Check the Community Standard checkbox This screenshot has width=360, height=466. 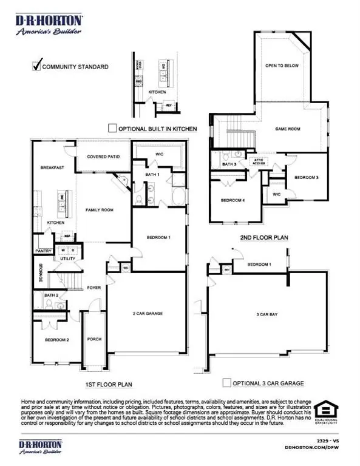pos(36,66)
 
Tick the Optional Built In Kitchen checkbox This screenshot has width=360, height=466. pos(111,128)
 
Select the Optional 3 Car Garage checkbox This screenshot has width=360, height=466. pos(226,383)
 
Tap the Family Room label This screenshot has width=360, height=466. pos(99,210)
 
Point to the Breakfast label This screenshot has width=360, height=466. pos(52,167)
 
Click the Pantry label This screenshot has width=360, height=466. pos(42,250)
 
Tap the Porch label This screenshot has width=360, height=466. pos(94,339)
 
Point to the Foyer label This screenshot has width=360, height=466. pos(93,288)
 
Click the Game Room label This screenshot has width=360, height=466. pos(289,129)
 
